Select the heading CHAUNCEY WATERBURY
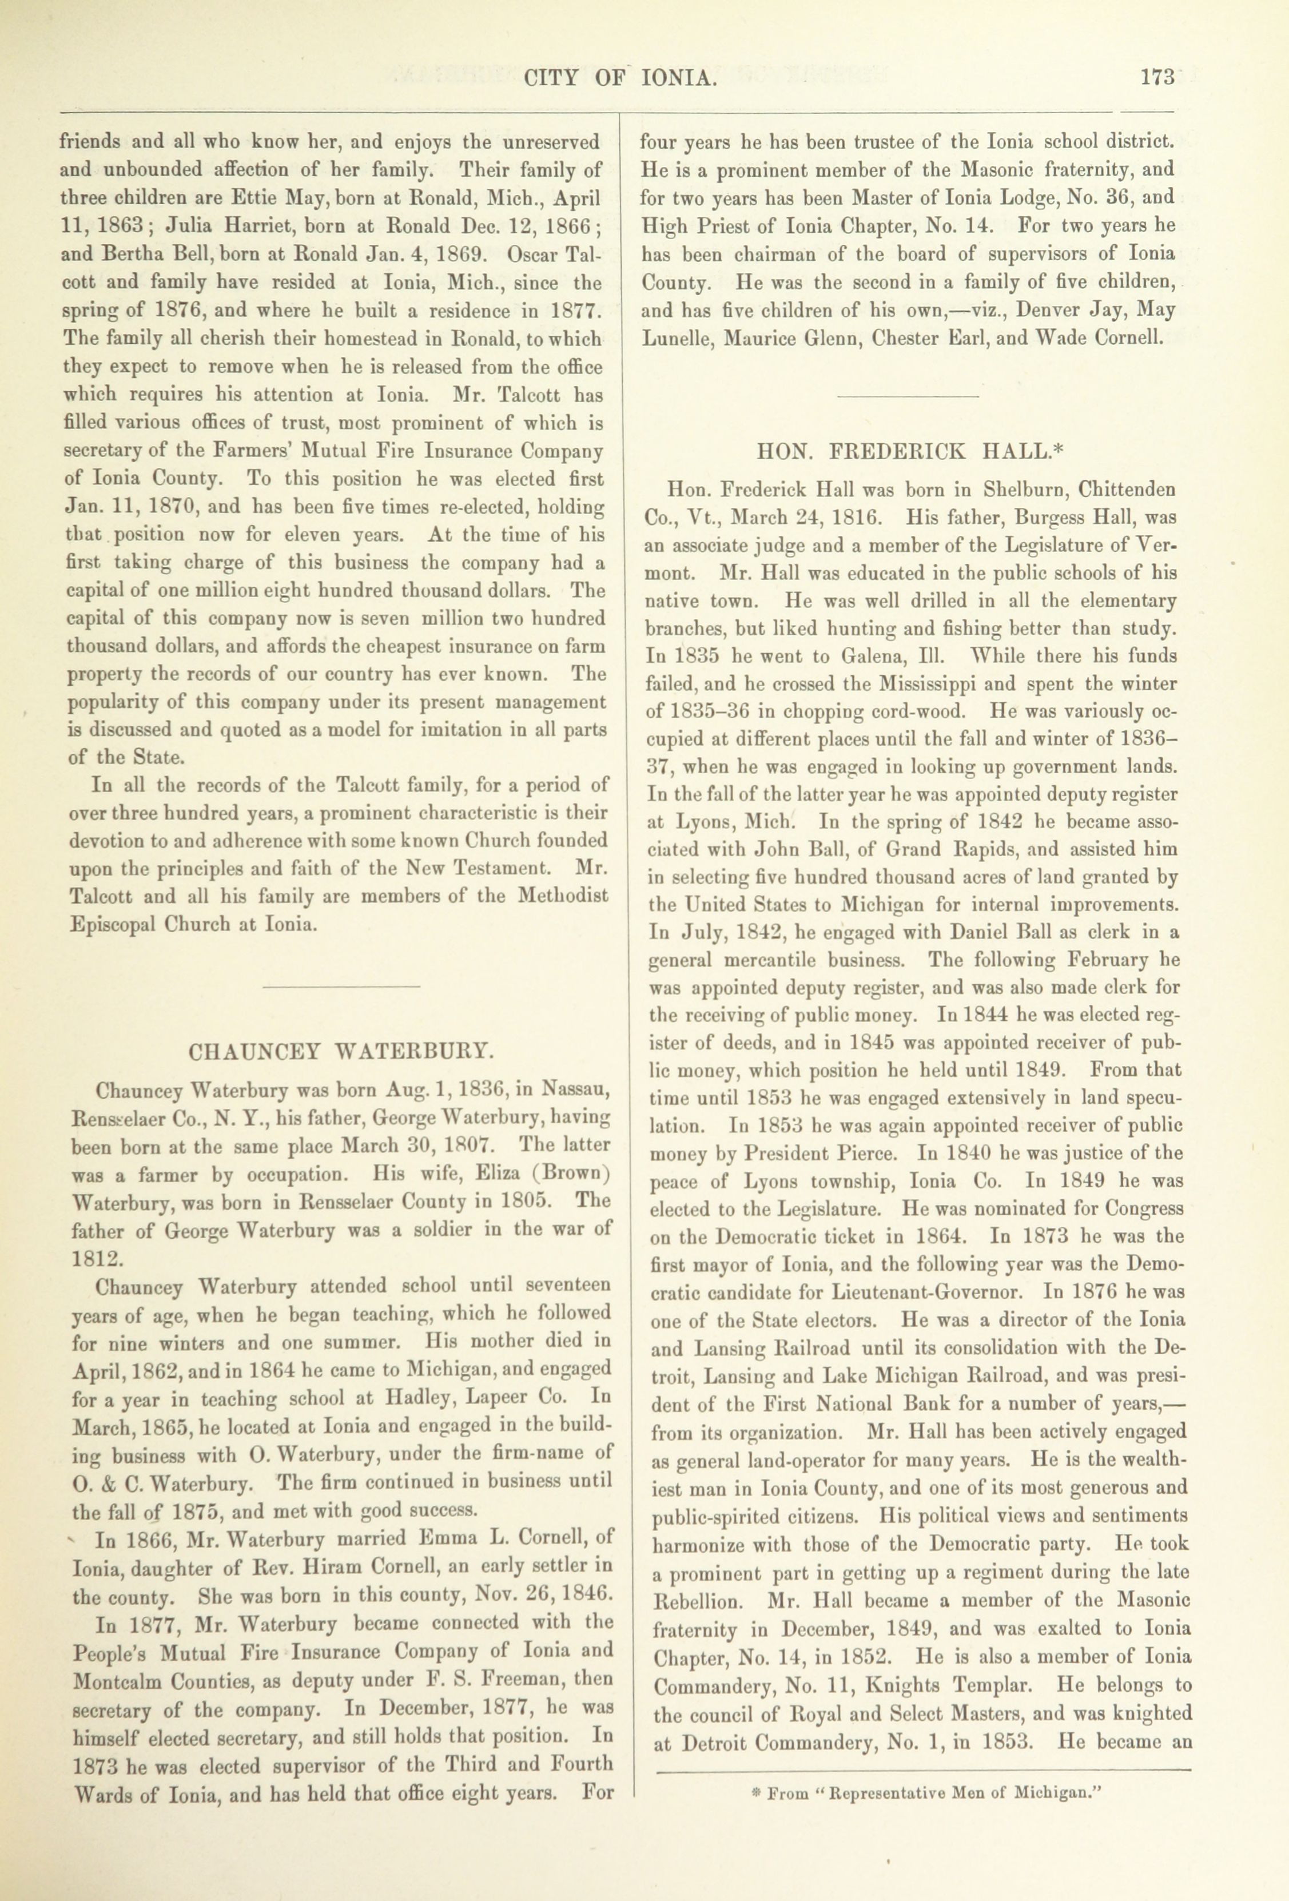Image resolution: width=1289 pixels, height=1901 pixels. [340, 1051]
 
